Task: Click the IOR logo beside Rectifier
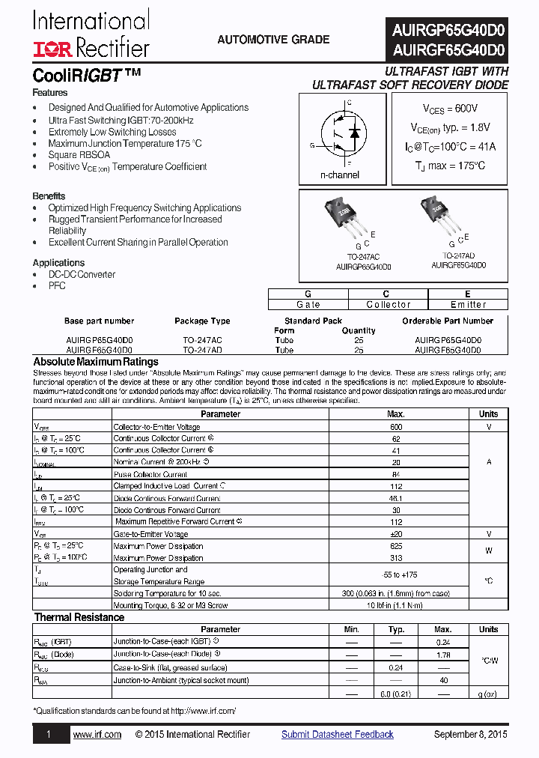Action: click(x=51, y=49)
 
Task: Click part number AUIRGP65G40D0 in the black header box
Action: click(x=448, y=31)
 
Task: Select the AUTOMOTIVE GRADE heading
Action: click(x=273, y=40)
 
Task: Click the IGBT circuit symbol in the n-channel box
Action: click(x=339, y=139)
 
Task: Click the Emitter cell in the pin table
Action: click(x=468, y=305)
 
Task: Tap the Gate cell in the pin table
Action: click(x=308, y=305)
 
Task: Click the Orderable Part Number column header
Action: click(x=448, y=321)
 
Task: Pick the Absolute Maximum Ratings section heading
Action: click(x=96, y=362)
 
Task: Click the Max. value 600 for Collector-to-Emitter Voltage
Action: click(x=396, y=426)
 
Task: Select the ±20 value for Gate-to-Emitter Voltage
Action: click(x=396, y=534)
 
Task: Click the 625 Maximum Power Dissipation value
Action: click(x=396, y=546)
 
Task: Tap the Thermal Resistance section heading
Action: click(x=79, y=617)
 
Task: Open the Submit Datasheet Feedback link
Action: click(x=337, y=735)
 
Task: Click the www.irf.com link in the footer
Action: click(x=97, y=735)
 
